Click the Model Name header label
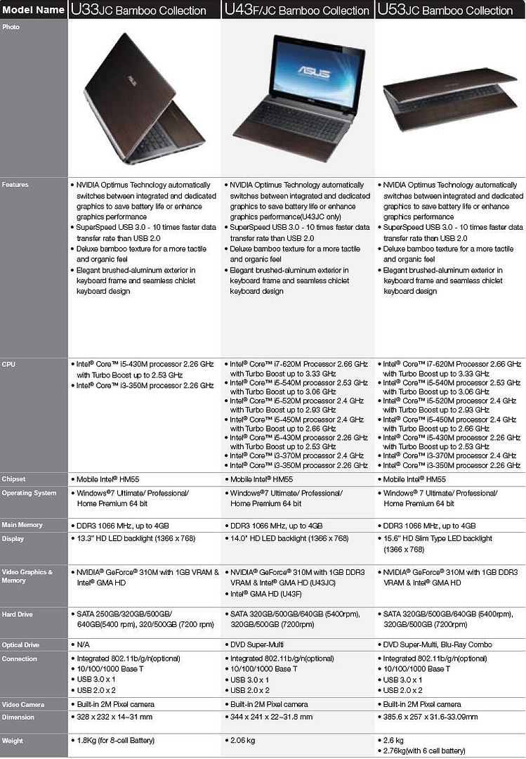point(34,10)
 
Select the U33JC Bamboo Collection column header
point(138,10)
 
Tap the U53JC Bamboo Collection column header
point(445,10)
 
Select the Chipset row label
point(15,479)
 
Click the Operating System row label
point(29,493)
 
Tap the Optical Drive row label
point(21,644)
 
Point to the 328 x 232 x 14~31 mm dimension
point(114,717)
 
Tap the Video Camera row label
point(23,704)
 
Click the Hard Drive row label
point(17,614)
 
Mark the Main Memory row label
point(22,525)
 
